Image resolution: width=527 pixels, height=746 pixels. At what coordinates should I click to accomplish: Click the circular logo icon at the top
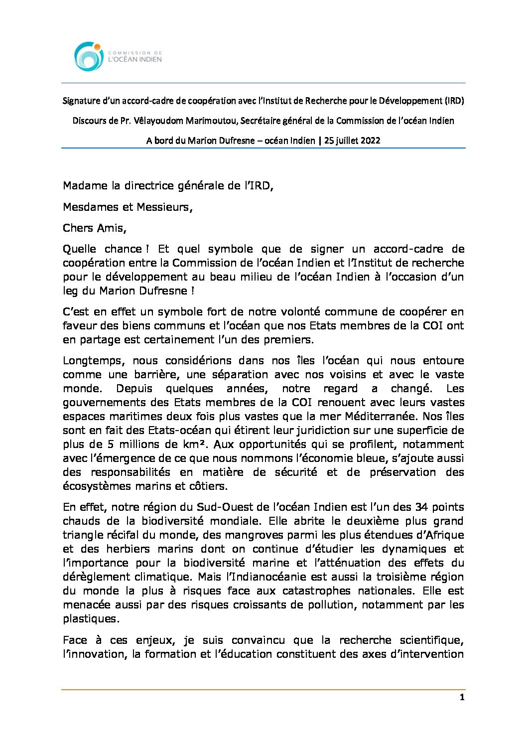click(89, 56)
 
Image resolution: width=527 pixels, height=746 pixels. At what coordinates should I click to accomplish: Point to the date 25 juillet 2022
click(352, 141)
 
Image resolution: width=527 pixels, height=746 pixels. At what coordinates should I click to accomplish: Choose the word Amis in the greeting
click(112, 228)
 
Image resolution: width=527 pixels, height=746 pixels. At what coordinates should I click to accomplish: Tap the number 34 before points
click(420, 507)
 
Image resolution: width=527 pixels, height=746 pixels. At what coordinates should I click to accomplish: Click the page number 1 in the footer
click(462, 698)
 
